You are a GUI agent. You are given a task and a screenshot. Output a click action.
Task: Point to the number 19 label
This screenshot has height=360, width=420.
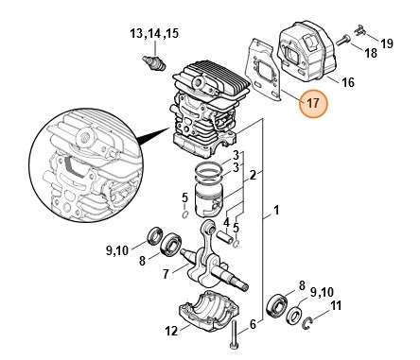click(387, 43)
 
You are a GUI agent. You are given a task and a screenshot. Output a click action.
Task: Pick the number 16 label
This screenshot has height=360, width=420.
click(347, 81)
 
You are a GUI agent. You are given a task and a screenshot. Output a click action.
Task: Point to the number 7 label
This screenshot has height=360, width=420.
click(166, 274)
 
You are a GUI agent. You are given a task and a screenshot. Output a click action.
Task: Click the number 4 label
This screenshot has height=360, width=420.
click(226, 224)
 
